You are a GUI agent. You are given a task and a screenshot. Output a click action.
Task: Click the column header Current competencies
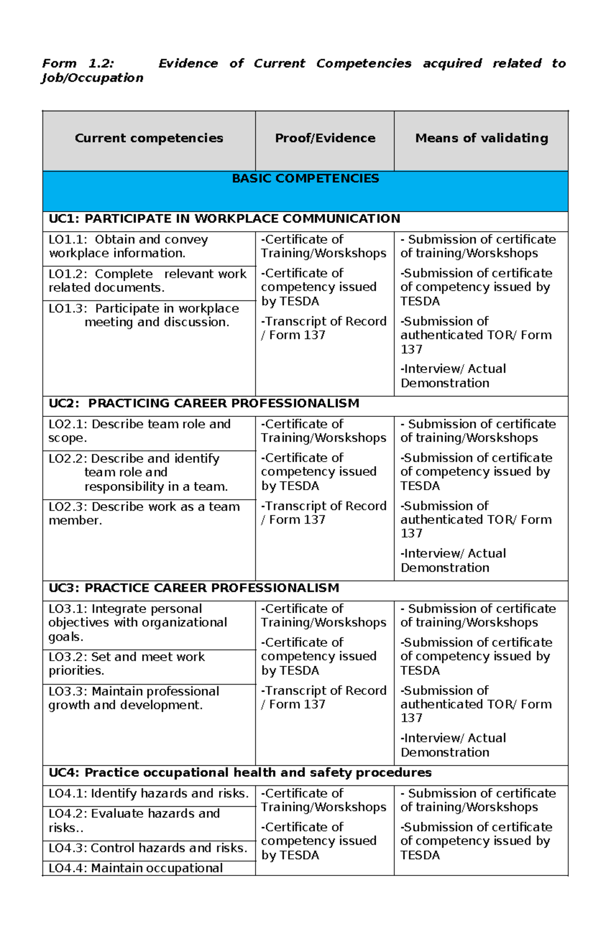tap(149, 138)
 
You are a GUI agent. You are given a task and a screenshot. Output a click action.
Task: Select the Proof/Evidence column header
tap(325, 138)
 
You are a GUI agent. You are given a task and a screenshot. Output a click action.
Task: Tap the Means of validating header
tap(481, 138)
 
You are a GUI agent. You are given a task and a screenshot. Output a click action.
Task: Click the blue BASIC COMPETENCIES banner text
tap(305, 179)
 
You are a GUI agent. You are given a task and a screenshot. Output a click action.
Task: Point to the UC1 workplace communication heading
tap(224, 219)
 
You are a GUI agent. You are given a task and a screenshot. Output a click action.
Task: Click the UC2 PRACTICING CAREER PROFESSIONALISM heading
tap(204, 403)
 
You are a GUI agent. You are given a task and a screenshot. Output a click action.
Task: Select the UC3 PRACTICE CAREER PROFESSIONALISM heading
tap(193, 588)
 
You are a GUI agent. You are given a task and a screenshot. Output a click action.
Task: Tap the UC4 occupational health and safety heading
tap(239, 773)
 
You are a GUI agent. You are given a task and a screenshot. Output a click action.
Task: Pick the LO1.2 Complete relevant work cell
tap(147, 280)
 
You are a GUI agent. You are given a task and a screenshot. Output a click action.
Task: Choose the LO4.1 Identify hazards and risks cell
tap(148, 794)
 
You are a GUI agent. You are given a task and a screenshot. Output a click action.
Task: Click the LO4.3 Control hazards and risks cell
tap(148, 848)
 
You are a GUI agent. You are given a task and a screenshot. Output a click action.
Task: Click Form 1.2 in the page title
tap(78, 64)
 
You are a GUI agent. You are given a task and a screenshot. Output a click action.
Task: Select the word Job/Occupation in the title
tap(92, 78)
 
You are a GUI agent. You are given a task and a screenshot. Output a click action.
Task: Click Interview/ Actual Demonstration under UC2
tap(453, 560)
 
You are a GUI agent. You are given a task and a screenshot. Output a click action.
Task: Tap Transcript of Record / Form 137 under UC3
tap(323, 697)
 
